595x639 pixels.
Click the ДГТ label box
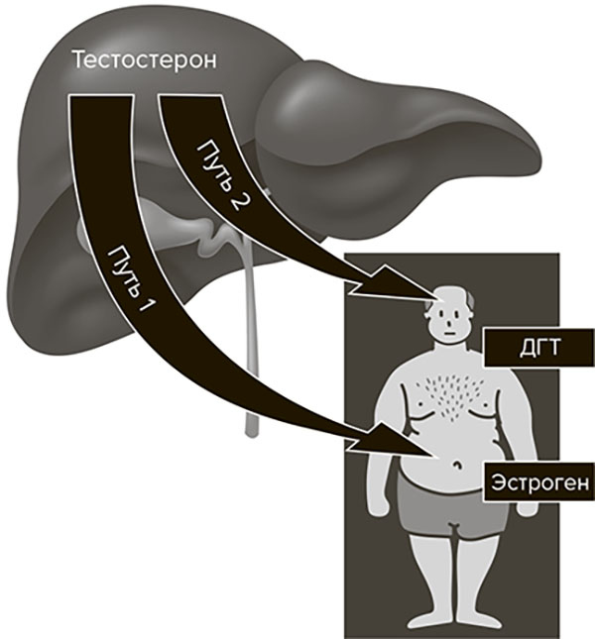538,347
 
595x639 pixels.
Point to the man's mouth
451,333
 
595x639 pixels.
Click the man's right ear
427,320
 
